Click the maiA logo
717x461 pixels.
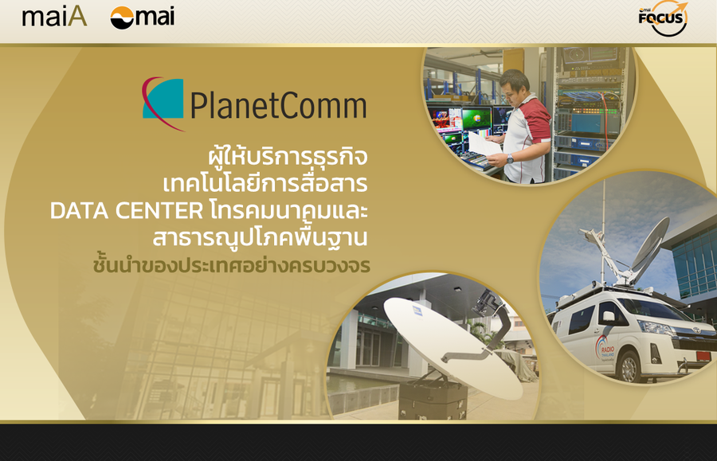coord(54,17)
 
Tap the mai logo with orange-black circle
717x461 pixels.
coord(143,18)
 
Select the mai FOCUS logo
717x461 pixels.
coord(663,18)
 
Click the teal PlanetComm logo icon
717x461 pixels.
coord(163,103)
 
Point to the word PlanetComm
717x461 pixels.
coord(278,106)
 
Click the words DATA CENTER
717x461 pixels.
coord(127,211)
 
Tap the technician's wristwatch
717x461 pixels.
coord(510,158)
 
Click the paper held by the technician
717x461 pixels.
coord(485,144)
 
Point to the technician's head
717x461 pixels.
coord(515,85)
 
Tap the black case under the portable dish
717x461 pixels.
coord(432,400)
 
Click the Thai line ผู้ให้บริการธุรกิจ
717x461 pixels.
coord(288,156)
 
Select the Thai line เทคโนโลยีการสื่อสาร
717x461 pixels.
coord(265,184)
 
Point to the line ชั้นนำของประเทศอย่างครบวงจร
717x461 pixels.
coord(231,265)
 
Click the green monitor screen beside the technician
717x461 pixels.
coord(476,119)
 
